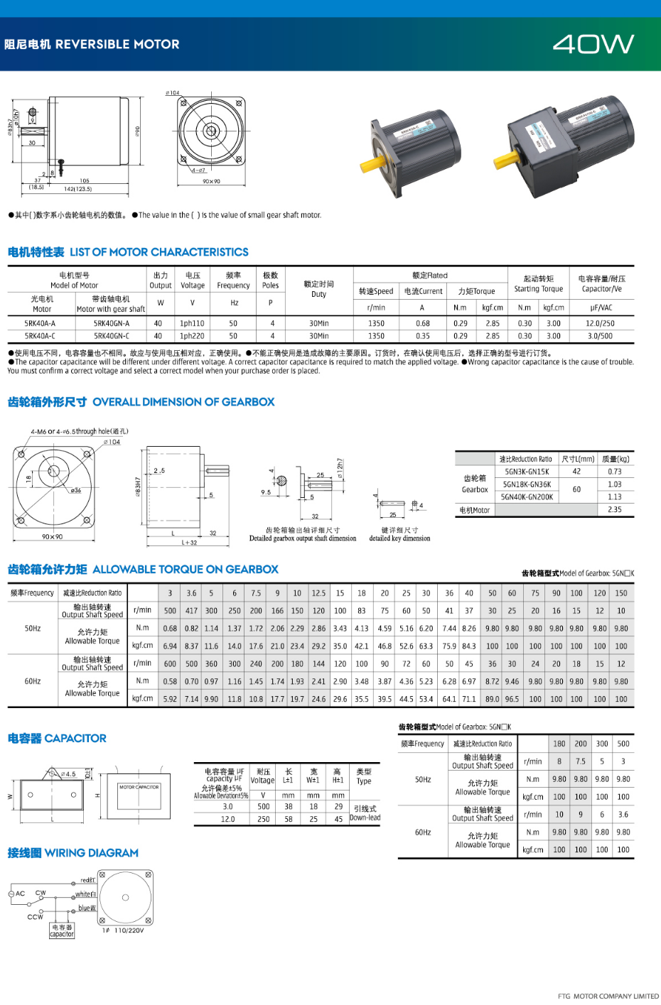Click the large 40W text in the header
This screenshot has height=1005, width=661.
tap(593, 45)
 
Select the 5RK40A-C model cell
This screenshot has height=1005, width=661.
tap(40, 336)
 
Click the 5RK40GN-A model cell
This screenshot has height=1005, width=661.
tap(112, 323)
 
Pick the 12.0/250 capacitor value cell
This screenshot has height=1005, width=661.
tap(601, 323)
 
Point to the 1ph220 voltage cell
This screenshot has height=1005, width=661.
tap(192, 336)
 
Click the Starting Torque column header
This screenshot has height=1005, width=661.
tap(538, 284)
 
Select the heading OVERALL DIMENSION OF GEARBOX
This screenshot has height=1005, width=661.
tap(183, 402)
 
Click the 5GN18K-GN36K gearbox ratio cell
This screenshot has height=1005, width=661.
tap(527, 484)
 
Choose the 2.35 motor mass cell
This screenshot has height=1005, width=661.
tap(615, 509)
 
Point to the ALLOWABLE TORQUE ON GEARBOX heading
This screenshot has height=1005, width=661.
tap(186, 570)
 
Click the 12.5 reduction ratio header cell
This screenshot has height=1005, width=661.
tap(318, 593)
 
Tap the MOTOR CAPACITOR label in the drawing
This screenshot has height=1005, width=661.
tap(139, 787)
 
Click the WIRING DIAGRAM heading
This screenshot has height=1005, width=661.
tap(91, 853)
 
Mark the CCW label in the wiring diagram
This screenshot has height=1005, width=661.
tap(35, 917)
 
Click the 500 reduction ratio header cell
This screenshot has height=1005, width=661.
tap(623, 744)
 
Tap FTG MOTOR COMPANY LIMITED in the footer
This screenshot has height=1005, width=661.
tap(608, 996)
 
